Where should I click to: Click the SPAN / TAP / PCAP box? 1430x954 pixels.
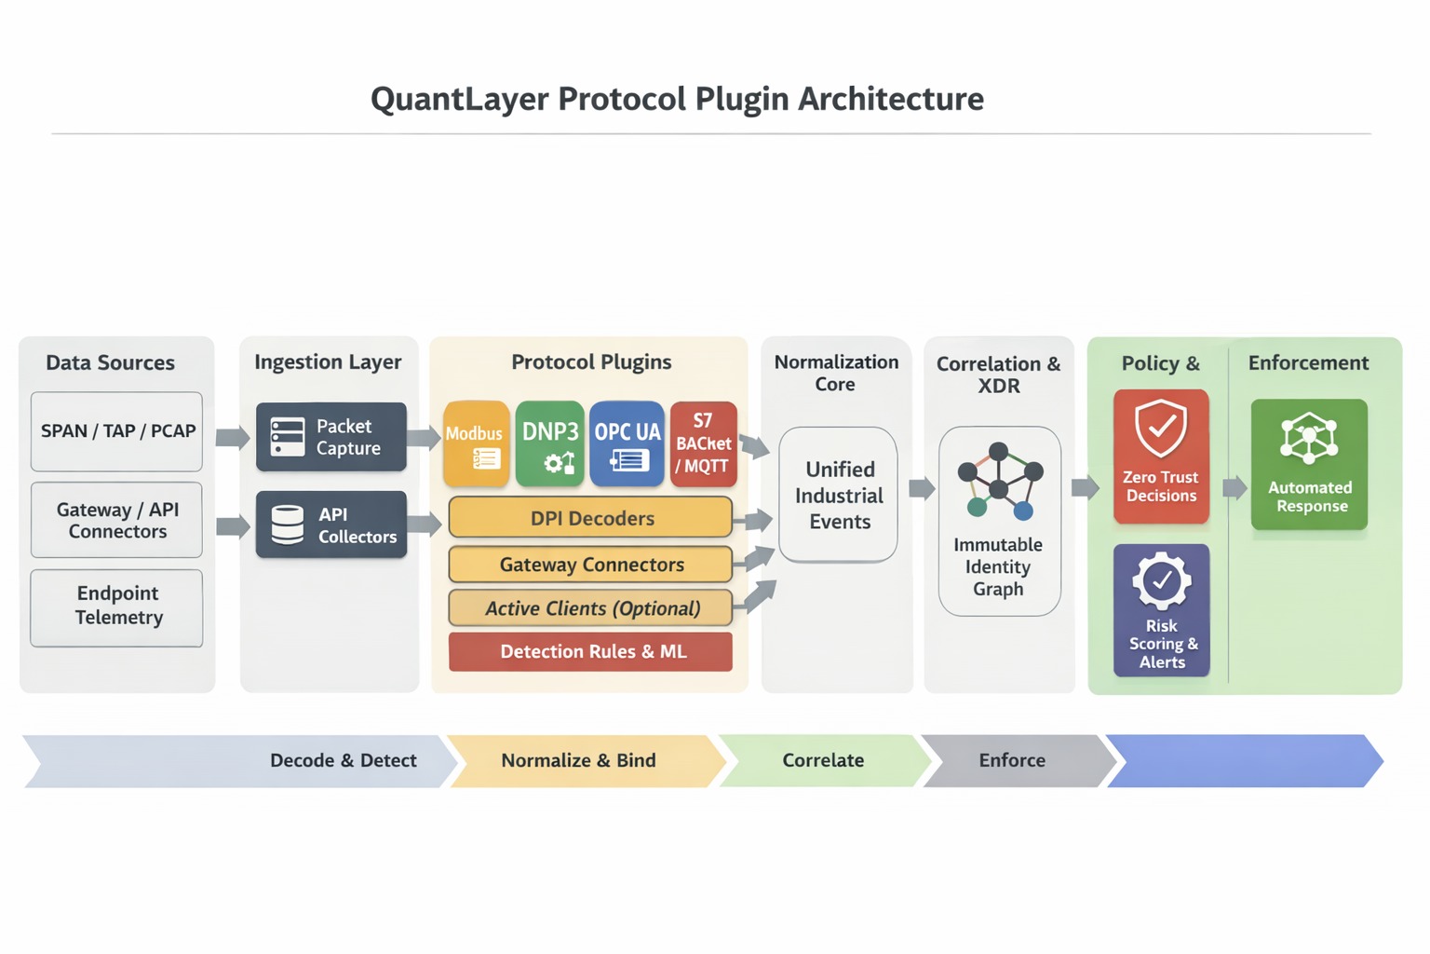pyautogui.click(x=116, y=431)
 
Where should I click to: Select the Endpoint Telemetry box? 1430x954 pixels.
pyautogui.click(x=116, y=606)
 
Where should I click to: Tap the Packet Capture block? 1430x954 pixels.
pyautogui.click(x=331, y=437)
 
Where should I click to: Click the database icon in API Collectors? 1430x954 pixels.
pyautogui.click(x=287, y=525)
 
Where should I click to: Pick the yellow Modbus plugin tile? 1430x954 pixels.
pyautogui.click(x=476, y=444)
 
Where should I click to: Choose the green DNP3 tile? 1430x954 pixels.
pyautogui.click(x=550, y=444)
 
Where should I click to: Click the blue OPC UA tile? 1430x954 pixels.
pyautogui.click(x=627, y=444)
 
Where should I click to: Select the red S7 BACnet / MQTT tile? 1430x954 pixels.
pyautogui.click(x=704, y=444)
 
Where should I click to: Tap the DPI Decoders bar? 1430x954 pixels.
pyautogui.click(x=590, y=518)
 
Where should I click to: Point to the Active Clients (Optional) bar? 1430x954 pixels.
pyautogui.click(x=590, y=608)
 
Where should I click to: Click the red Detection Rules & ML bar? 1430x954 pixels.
pyautogui.click(x=590, y=652)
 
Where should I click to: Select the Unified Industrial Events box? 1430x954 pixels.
pyautogui.click(x=838, y=495)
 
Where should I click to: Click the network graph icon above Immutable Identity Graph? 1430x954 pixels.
pyautogui.click(x=999, y=481)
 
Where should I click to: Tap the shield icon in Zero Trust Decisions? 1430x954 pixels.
pyautogui.click(x=1161, y=429)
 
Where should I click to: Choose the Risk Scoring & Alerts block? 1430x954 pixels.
pyautogui.click(x=1162, y=610)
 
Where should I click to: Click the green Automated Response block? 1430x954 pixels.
pyautogui.click(x=1309, y=465)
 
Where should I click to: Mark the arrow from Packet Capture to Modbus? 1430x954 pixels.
pyautogui.click(x=424, y=438)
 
